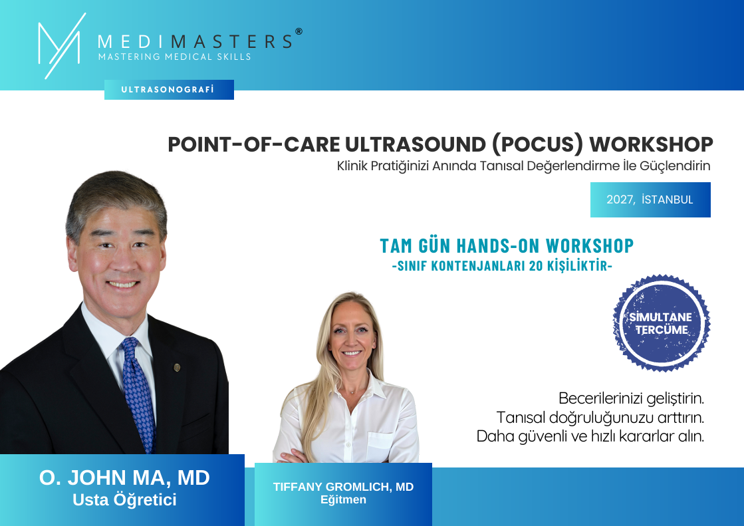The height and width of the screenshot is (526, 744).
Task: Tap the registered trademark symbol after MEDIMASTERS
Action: point(299,31)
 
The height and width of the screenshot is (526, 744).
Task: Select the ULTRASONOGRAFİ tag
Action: point(169,90)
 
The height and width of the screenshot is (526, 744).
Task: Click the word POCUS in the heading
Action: point(537,144)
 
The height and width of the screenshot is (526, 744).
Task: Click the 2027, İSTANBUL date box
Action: point(650,200)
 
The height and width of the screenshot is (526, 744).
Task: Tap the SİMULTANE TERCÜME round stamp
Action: point(661,323)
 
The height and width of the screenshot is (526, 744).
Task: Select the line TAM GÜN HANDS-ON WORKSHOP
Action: point(507,246)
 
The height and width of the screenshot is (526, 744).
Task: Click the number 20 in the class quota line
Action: point(536,266)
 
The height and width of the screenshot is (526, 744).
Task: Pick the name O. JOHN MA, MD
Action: point(124,477)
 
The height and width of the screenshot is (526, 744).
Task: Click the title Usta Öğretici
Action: point(124,500)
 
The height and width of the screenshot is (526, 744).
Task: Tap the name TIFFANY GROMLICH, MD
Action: point(343,487)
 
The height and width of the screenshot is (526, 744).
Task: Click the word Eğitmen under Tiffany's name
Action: point(343,499)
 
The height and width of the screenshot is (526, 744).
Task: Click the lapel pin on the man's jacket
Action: point(177,367)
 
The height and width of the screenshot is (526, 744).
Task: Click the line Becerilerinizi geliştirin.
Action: point(631,398)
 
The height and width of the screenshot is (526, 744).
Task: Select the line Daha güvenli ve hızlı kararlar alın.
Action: point(590,436)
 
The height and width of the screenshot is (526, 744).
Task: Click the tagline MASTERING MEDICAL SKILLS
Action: point(175,57)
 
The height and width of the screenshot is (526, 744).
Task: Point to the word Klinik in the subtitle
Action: point(352,166)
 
